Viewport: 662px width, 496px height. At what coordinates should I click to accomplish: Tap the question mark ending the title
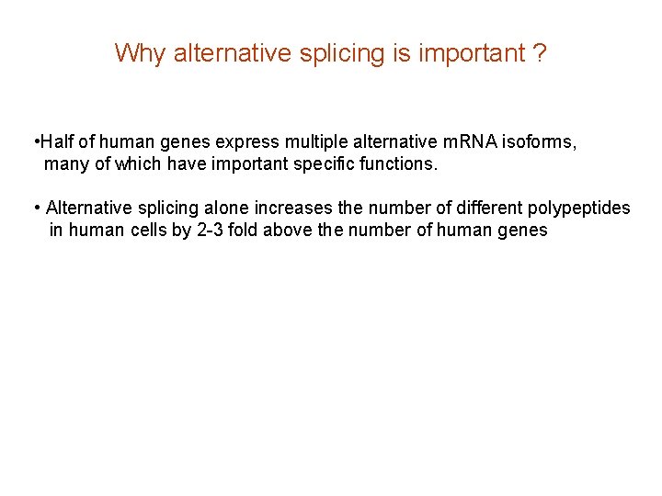pos(540,53)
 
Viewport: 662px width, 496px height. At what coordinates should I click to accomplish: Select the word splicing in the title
pos(343,53)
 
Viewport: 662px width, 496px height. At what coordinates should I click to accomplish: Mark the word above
pos(287,230)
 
